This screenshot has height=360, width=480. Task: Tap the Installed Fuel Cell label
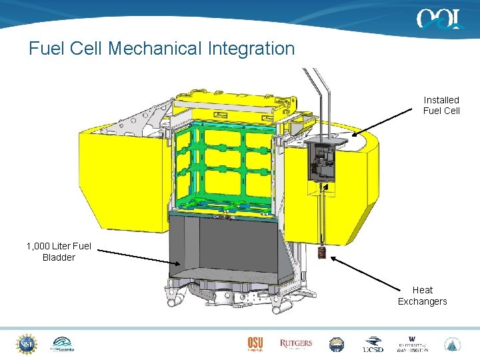[x=441, y=105]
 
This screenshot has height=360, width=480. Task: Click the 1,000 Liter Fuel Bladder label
[x=59, y=252]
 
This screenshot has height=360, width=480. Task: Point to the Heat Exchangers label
[x=422, y=296]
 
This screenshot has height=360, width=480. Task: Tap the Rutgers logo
[x=296, y=344]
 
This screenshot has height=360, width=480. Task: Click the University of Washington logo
[x=413, y=344]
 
